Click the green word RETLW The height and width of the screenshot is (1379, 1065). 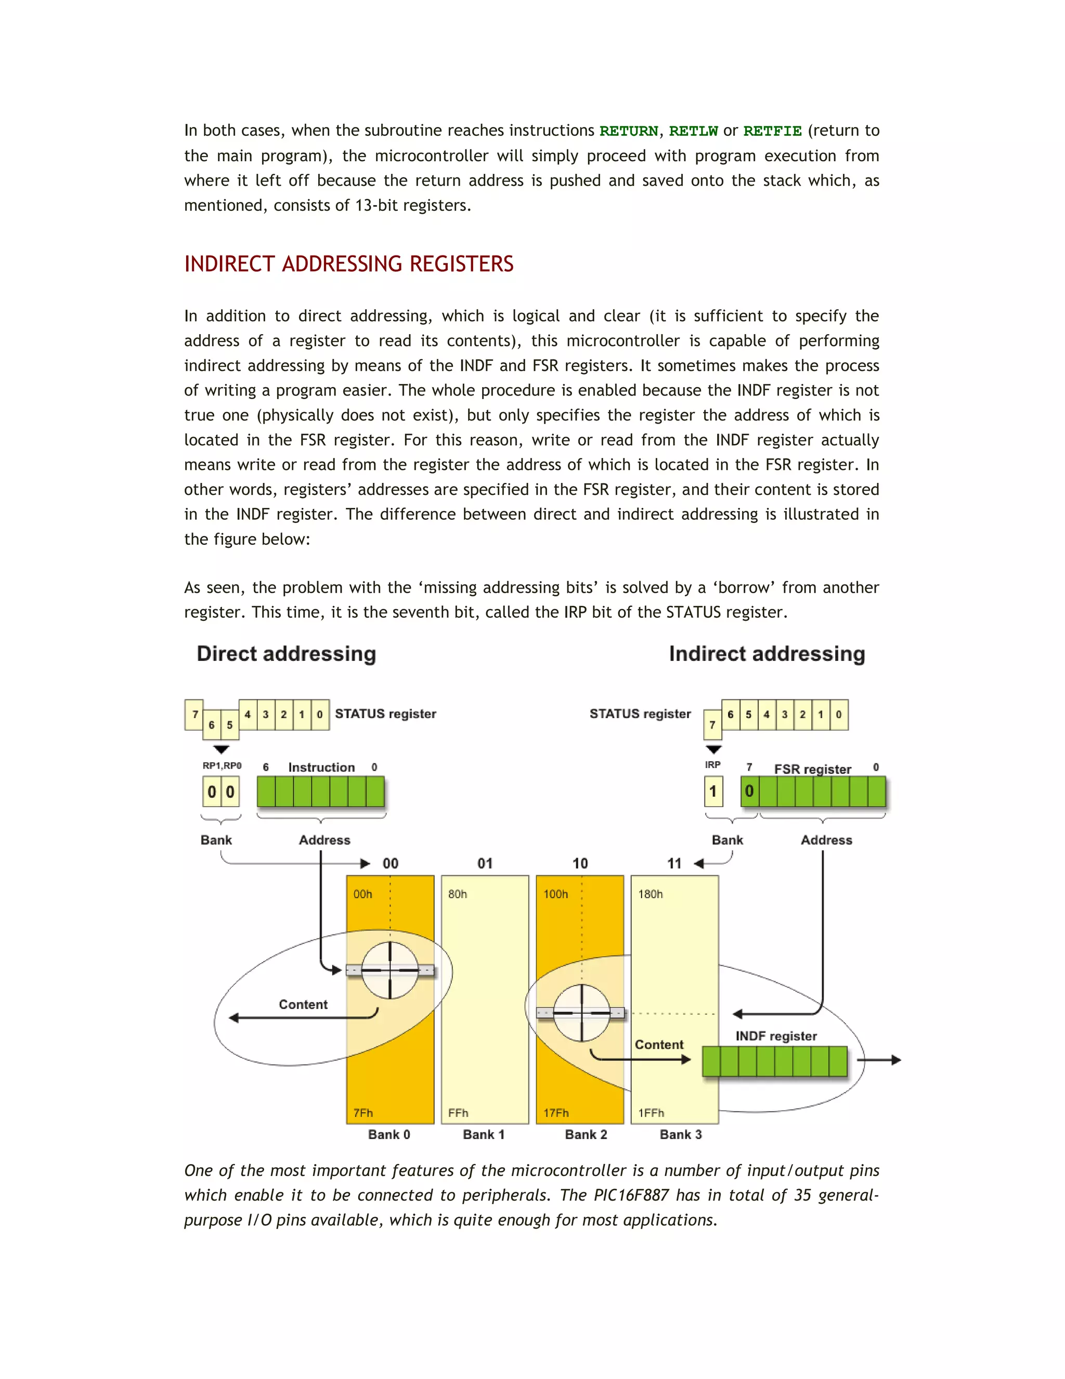click(x=693, y=131)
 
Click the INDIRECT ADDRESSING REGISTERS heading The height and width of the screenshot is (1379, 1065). click(x=348, y=264)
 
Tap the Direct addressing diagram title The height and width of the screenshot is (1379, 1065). click(x=286, y=654)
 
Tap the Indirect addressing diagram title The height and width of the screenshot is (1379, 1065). click(x=767, y=654)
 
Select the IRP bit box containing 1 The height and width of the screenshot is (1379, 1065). click(x=713, y=791)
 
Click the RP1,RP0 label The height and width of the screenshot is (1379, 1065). click(x=222, y=765)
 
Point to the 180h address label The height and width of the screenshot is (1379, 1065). click(x=650, y=894)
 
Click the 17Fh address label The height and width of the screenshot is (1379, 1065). click(x=556, y=1113)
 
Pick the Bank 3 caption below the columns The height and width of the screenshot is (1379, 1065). click(x=680, y=1134)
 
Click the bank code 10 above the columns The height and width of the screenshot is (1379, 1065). click(x=580, y=863)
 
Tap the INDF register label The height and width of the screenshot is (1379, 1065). click(x=775, y=1036)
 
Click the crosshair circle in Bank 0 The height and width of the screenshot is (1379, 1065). click(x=390, y=971)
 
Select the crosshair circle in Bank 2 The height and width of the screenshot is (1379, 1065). click(x=581, y=1013)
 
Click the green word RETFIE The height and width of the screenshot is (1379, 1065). click(x=772, y=131)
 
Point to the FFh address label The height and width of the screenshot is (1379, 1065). click(x=458, y=1113)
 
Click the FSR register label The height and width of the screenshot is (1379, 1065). click(x=812, y=769)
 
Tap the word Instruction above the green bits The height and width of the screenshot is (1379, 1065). click(x=321, y=767)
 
